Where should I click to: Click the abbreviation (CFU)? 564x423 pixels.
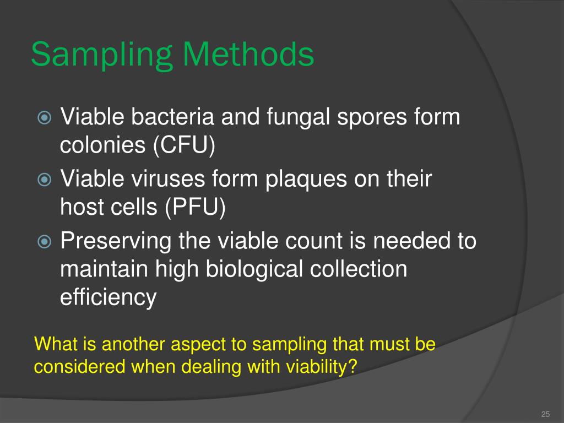184,146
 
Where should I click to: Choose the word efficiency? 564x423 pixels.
108,298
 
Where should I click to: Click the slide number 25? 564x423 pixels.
546,415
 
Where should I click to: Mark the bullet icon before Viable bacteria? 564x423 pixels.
44,118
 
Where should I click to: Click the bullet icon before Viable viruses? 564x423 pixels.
44,180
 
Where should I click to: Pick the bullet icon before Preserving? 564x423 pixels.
44,241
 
